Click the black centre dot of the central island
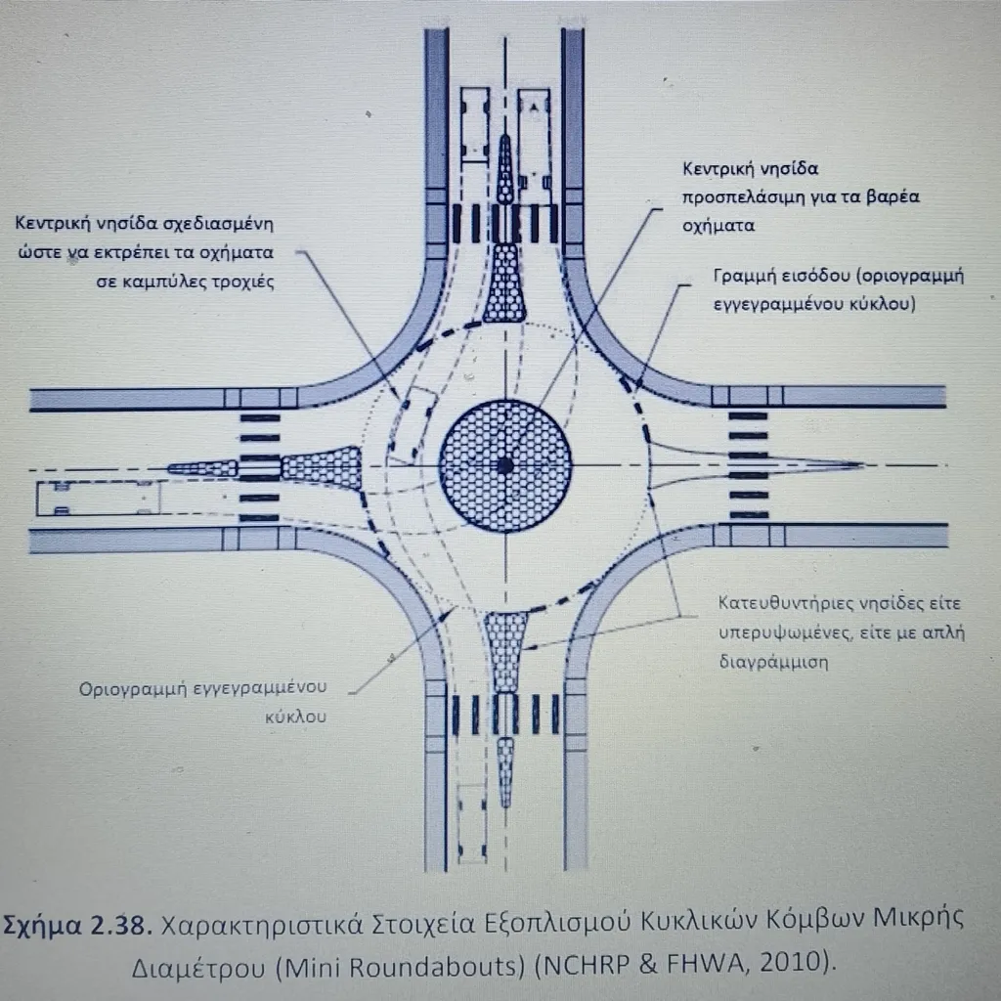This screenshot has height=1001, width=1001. (x=504, y=465)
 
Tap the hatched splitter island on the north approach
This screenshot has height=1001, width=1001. (x=505, y=283)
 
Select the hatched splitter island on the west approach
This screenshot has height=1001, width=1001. (x=323, y=466)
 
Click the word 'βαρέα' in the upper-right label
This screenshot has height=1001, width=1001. (x=892, y=196)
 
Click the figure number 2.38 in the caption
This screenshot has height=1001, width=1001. (x=120, y=924)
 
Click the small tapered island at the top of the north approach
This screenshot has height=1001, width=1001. (x=505, y=168)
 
